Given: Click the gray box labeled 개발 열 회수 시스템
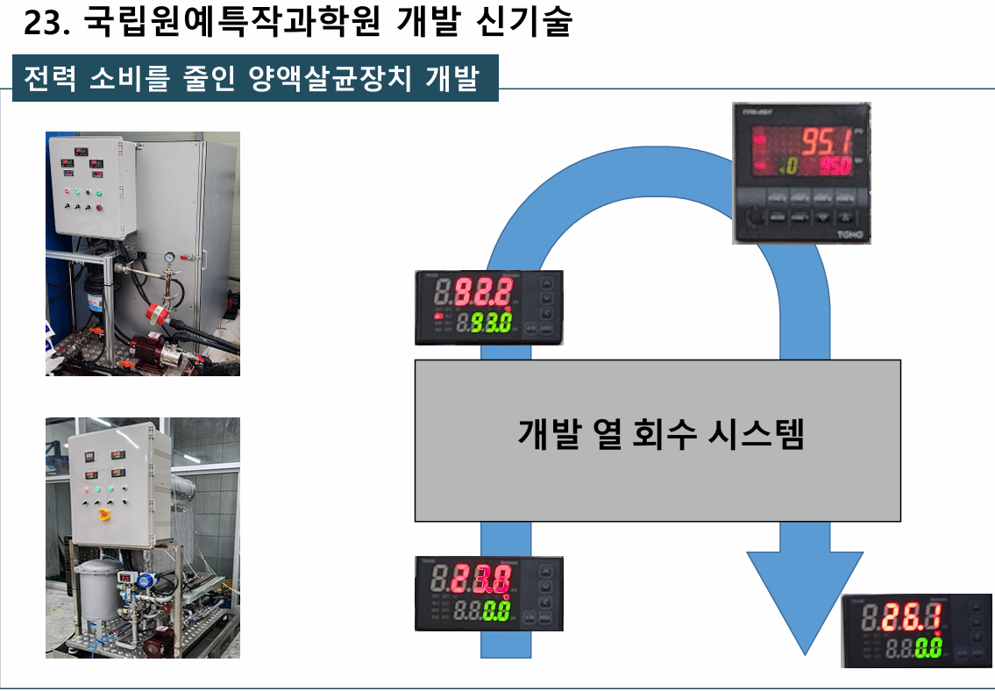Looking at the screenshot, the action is tap(657, 474).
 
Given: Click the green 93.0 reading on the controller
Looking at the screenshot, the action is tap(491, 323).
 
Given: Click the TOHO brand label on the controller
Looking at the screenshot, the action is tap(850, 235).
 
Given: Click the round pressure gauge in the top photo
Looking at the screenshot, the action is tap(167, 258).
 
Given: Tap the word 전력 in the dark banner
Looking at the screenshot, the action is tap(49, 79).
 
